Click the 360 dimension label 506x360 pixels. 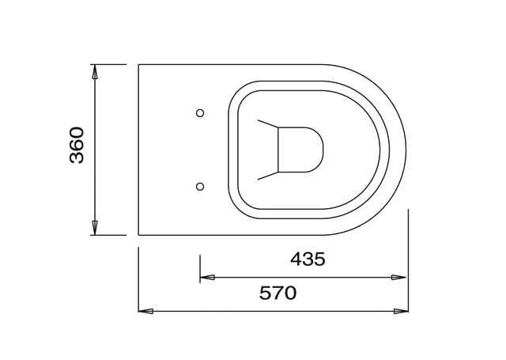click(x=77, y=146)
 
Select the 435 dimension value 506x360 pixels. click(x=308, y=259)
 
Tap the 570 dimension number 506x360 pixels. click(x=278, y=294)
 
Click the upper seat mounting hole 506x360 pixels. click(x=200, y=113)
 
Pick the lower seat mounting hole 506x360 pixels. click(x=200, y=186)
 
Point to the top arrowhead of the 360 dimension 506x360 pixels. click(x=95, y=72)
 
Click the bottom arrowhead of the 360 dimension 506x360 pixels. click(x=95, y=228)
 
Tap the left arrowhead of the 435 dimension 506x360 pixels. click(x=207, y=277)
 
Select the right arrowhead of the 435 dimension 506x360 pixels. click(x=398, y=277)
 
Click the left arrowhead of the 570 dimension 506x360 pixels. click(x=145, y=311)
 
